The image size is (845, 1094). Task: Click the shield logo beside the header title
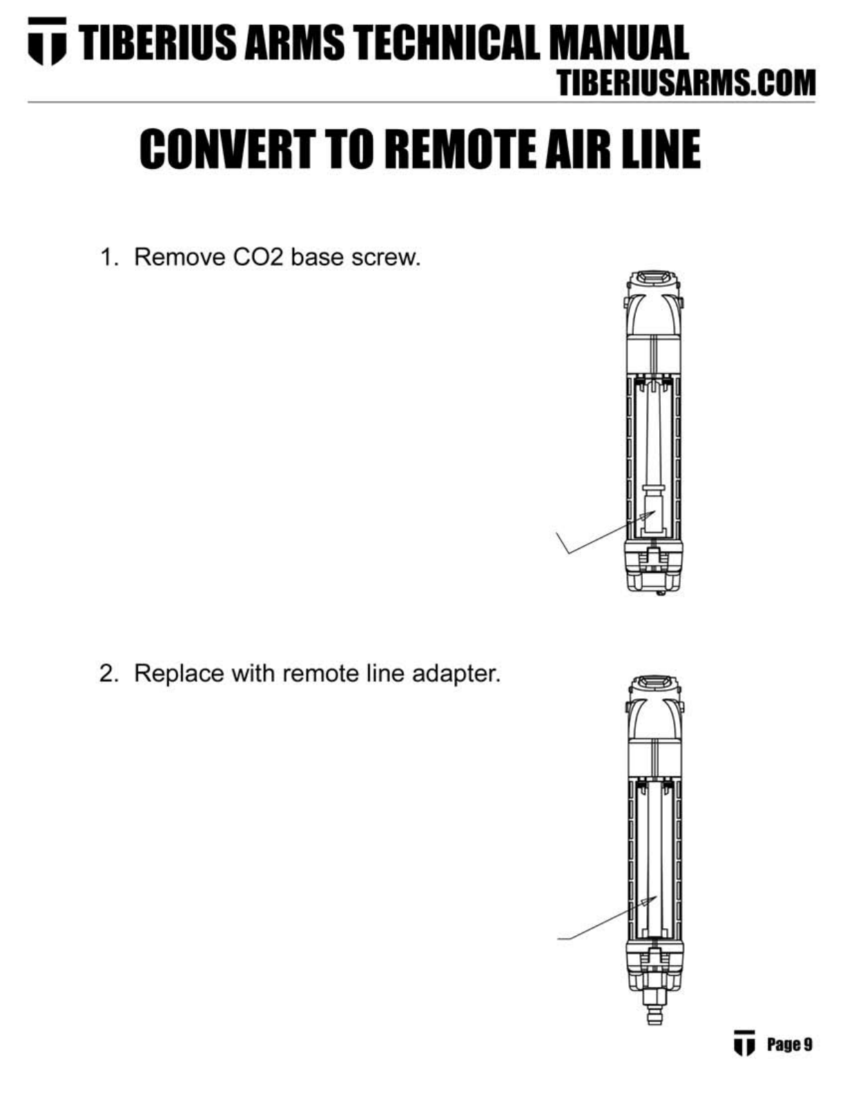tap(48, 41)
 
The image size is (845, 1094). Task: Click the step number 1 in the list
tap(107, 257)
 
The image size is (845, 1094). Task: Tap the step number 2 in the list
tap(107, 673)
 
